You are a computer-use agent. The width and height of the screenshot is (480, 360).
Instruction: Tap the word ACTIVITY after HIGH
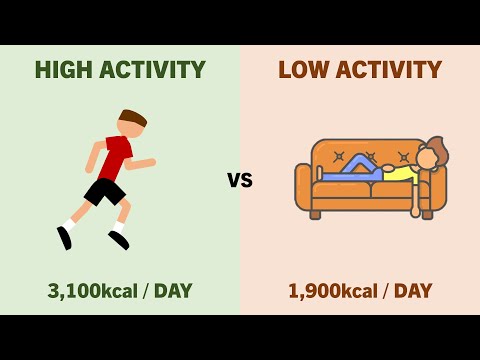(156, 70)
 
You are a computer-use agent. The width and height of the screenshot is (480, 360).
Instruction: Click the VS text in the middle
(240, 181)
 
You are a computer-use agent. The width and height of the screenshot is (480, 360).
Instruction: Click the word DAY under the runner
(173, 291)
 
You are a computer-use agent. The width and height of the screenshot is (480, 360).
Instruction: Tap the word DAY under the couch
(413, 291)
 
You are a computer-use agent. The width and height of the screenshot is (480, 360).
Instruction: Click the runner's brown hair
(134, 117)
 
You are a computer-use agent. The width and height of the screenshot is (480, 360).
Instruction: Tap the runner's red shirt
(115, 158)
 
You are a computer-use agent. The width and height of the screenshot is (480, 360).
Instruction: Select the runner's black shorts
(104, 190)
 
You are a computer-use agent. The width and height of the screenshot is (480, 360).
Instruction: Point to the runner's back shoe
(65, 238)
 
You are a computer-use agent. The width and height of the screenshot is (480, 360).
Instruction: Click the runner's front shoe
(119, 239)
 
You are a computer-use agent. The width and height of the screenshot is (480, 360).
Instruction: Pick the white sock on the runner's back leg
(70, 223)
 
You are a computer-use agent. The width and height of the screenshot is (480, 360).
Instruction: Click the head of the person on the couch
(428, 158)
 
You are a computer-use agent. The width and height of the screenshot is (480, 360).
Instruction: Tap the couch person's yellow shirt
(400, 174)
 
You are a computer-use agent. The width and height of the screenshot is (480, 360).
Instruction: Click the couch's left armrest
(304, 187)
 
